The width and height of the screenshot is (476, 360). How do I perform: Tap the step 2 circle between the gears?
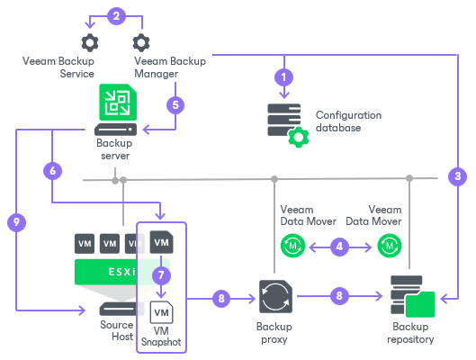click(114, 14)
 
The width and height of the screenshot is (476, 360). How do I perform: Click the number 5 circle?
click(176, 103)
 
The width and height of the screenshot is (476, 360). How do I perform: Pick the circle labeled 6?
click(53, 169)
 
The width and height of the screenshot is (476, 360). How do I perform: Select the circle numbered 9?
click(13, 220)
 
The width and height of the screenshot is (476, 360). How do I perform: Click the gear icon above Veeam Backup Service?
click(89, 42)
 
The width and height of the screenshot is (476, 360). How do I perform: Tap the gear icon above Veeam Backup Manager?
click(141, 42)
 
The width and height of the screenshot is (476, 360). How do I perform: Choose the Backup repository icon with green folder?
click(411, 295)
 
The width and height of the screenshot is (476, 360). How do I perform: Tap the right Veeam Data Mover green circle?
click(390, 243)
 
